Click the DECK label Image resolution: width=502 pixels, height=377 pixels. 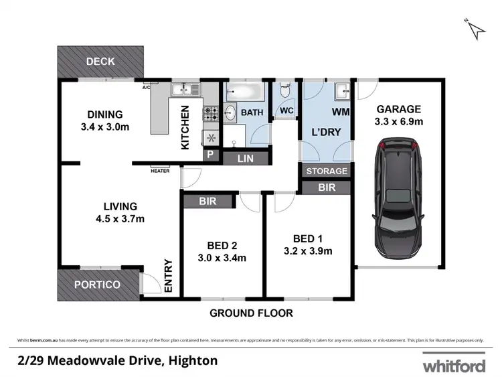pos(100,62)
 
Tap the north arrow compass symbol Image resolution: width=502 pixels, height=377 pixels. pos(476,29)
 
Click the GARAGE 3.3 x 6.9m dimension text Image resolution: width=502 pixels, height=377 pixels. pos(398,121)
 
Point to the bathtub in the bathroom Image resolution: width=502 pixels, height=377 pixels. pos(244,91)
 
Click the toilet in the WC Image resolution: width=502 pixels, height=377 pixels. pos(285,91)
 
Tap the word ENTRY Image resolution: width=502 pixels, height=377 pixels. pos(168,275)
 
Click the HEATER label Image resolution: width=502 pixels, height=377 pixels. pos(160,171)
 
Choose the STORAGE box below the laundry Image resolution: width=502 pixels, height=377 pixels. pos(327,171)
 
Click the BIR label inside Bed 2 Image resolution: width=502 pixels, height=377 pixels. pos(207,200)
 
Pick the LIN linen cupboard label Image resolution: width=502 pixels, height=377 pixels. pos(246,159)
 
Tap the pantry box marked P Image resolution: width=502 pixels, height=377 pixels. pos(210,155)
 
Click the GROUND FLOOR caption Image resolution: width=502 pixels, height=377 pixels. pos(251,313)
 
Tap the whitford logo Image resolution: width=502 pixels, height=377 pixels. pos(452,366)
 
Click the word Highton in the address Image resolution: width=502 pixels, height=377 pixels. pos(191,361)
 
